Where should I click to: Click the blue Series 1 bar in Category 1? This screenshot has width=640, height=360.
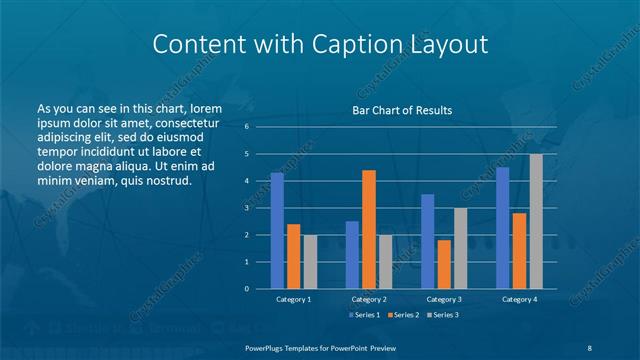tap(277, 231)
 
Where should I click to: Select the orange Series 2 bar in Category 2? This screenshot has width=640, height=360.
tap(369, 229)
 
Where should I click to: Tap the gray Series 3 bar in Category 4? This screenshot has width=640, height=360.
tap(536, 221)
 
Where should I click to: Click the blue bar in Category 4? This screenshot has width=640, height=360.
tap(502, 228)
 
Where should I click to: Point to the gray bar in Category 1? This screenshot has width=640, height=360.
tap(310, 261)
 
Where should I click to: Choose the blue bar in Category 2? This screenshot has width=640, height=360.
tap(352, 255)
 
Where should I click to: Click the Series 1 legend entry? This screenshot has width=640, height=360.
tap(364, 315)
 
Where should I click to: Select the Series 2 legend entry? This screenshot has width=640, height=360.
tap(403, 315)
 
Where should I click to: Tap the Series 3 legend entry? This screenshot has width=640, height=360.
tap(442, 315)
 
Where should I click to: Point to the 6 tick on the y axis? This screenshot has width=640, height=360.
tap(246, 127)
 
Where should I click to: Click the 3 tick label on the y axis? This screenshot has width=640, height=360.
tap(246, 208)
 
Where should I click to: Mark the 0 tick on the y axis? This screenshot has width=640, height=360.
tap(246, 289)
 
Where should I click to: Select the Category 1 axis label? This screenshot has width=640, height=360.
tap(293, 299)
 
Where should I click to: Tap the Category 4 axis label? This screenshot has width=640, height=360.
tap(519, 299)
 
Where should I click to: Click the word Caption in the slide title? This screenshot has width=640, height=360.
tap(347, 44)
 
